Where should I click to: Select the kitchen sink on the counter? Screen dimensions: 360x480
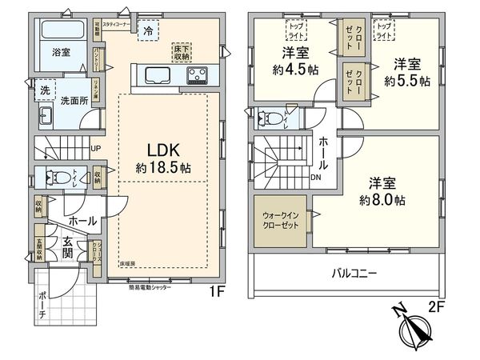click(x=156, y=76)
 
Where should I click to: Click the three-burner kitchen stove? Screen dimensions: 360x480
click(x=198, y=76)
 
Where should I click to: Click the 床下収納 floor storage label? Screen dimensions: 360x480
click(x=181, y=54)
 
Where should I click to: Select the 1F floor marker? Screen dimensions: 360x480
click(x=216, y=292)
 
